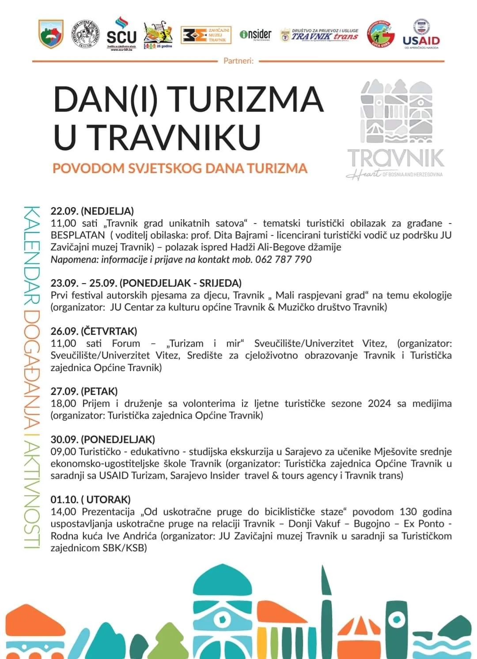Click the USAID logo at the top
[x=421, y=34]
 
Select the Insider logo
[x=255, y=34]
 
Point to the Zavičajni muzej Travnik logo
[x=206, y=34]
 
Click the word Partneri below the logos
[x=238, y=61]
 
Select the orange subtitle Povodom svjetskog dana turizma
[x=180, y=168]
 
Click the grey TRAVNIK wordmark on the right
[x=395, y=158]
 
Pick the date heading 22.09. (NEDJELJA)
[x=92, y=211]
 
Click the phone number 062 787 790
[x=283, y=259]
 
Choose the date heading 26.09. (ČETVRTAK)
[x=94, y=331]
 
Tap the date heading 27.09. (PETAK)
[x=84, y=391]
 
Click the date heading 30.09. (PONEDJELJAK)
[x=102, y=439]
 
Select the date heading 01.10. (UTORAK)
[x=91, y=500]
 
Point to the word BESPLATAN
[x=78, y=235]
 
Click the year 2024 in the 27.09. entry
[x=379, y=403]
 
